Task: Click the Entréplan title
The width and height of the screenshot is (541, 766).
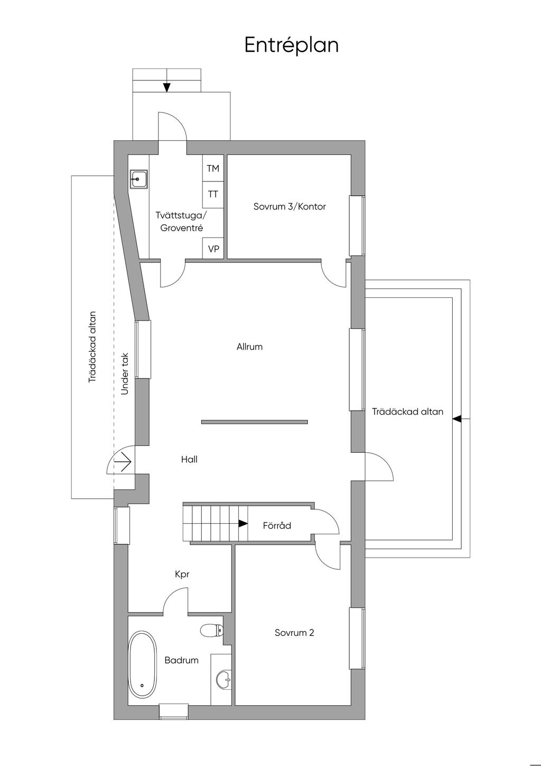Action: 291,45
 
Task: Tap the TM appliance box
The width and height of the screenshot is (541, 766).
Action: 213,169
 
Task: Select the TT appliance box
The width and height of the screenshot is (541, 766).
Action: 213,194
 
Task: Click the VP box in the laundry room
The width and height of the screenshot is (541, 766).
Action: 213,248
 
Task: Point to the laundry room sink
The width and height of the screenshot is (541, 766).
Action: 139,179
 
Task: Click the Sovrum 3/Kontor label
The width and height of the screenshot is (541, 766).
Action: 290,206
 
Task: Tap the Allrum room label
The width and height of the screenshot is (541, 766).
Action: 249,347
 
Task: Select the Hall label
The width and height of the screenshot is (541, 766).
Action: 189,459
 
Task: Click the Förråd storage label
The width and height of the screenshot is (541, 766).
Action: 277,526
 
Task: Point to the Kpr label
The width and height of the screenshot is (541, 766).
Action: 182,574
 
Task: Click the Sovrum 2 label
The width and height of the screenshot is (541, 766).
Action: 294,633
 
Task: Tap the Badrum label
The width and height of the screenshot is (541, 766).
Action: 181,660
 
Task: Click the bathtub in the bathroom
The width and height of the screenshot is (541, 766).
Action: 143,664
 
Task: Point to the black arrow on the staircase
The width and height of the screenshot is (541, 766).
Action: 242,524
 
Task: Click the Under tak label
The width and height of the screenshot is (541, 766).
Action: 125,373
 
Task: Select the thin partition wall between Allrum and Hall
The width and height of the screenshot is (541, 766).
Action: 254,422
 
